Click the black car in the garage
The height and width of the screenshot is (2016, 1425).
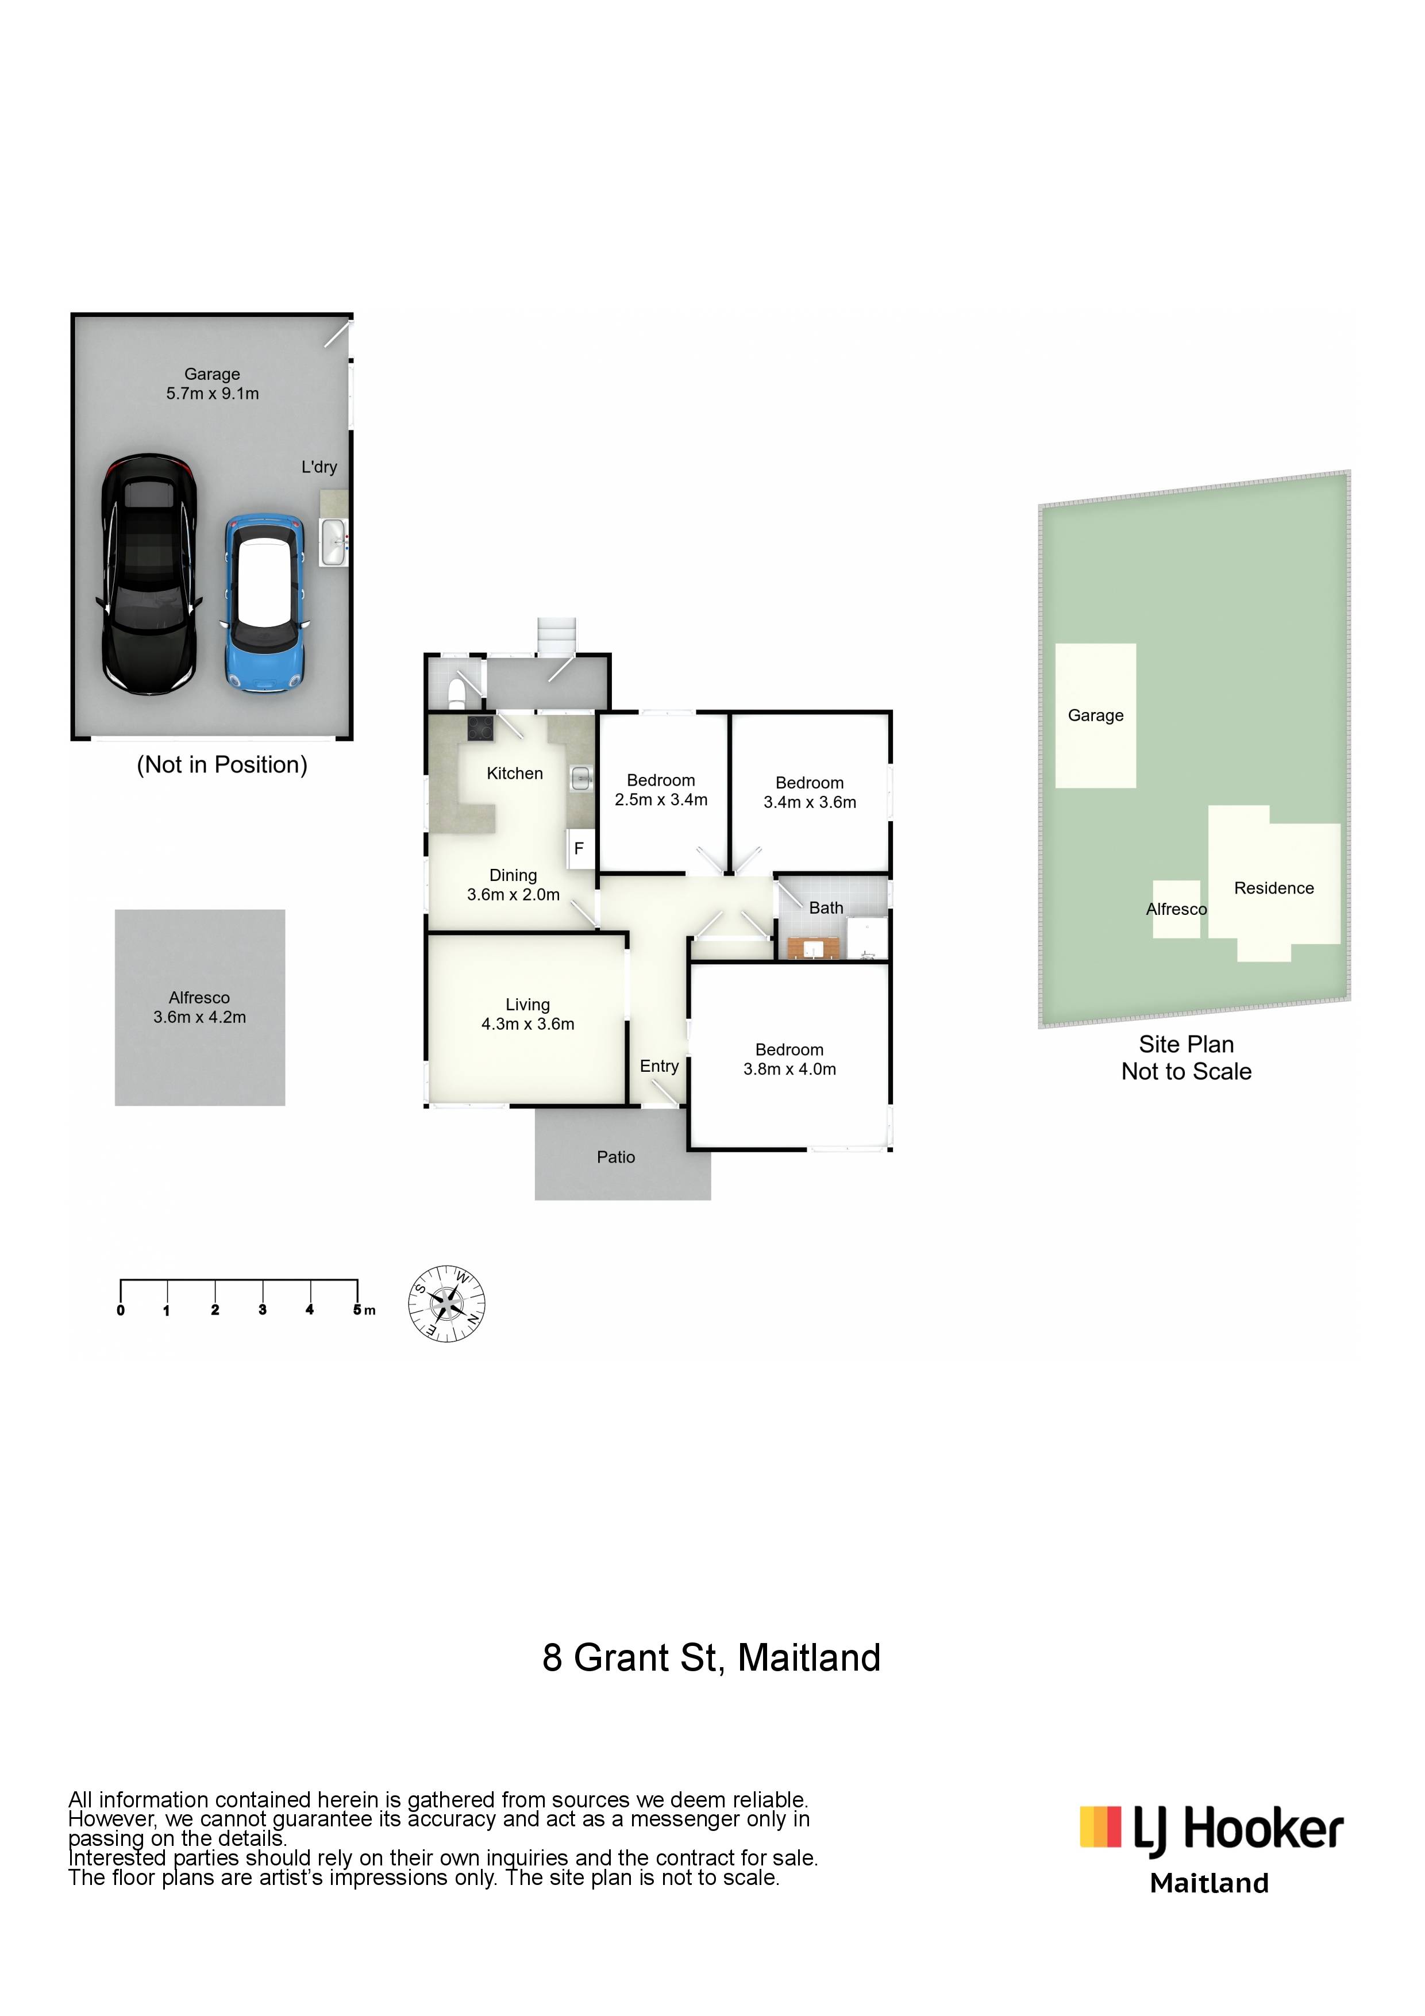coord(148,574)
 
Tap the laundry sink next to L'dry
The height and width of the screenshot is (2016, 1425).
coord(334,542)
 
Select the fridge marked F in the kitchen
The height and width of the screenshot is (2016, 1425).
coord(580,848)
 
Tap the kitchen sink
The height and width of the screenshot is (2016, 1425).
coord(580,776)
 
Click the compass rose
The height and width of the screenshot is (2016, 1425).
coord(447,1304)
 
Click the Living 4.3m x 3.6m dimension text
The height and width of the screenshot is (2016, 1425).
coord(527,1024)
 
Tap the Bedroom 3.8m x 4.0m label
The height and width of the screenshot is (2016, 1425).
coord(790,1059)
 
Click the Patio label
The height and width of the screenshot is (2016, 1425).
coord(615,1157)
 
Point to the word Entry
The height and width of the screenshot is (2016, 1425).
coord(660,1067)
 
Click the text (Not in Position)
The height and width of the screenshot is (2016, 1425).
coord(222,765)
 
